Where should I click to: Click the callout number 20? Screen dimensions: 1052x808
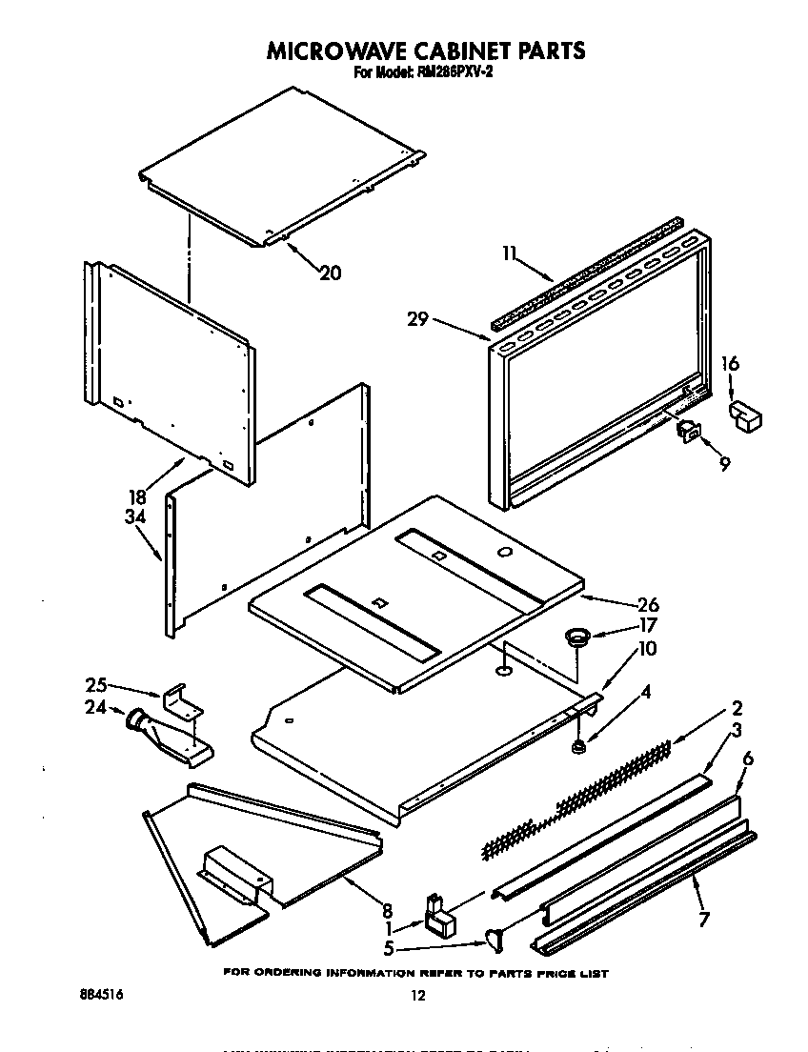330,273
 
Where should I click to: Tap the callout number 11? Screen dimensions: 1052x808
510,253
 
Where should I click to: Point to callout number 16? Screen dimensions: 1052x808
731,363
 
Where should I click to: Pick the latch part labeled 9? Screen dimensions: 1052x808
688,432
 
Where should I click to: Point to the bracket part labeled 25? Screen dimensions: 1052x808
184,701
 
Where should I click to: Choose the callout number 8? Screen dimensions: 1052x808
387,910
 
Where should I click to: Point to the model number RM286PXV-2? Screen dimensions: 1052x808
448,72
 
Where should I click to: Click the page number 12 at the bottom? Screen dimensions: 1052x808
416,996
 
